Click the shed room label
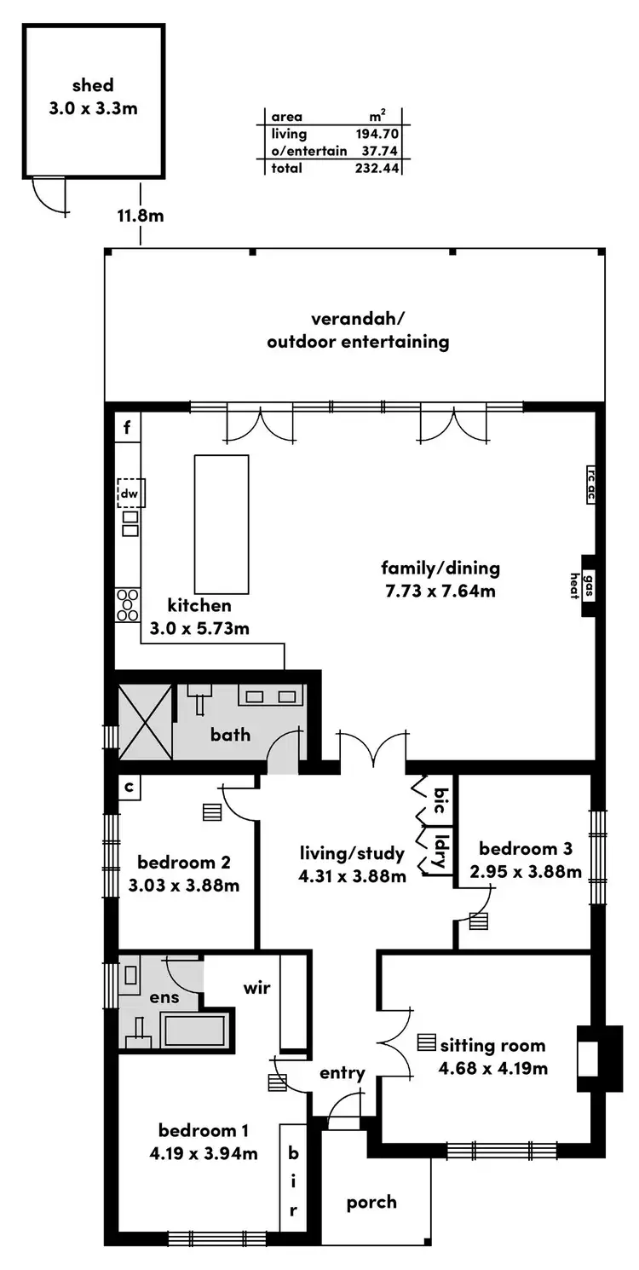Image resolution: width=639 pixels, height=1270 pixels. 93,85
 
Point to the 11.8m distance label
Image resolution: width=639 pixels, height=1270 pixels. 141,216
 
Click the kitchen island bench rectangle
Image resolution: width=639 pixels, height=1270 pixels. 222,524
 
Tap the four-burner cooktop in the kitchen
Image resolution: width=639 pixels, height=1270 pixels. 128,604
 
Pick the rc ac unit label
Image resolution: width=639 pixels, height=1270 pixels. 590,485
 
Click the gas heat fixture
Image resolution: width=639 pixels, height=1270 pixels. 587,586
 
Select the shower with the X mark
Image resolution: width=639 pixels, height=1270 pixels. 145,722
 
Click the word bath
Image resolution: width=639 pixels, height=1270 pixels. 230,733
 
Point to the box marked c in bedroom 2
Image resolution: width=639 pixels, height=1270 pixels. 128,788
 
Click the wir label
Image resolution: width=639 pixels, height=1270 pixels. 257,988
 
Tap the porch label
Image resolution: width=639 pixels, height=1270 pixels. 371,1202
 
